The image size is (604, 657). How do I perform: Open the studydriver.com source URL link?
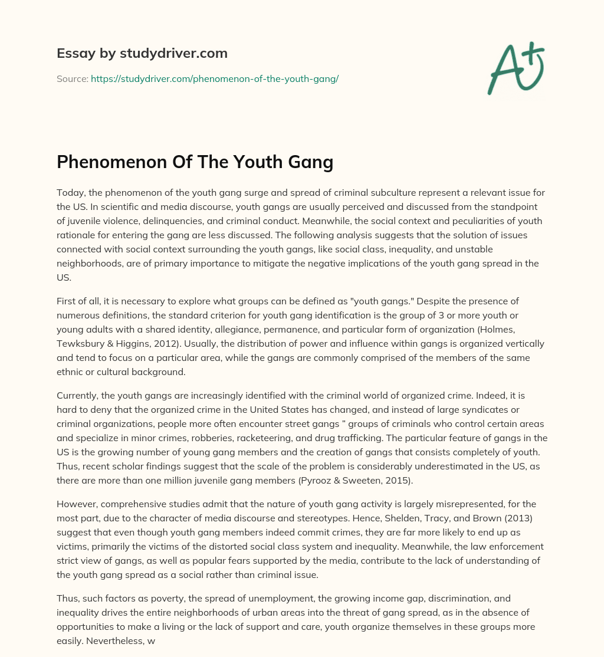coord(214,78)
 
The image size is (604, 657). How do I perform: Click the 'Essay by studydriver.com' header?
coord(142,53)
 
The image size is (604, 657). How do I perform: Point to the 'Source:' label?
coord(72,78)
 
